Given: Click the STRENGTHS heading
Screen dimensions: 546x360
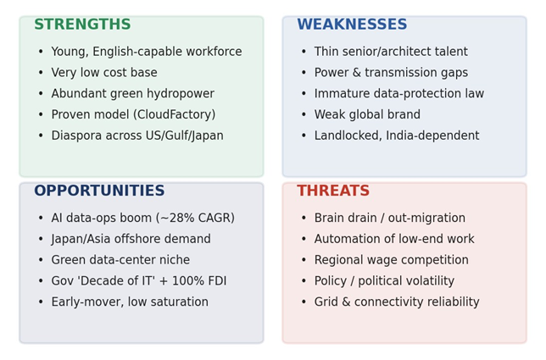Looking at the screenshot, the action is (82, 25).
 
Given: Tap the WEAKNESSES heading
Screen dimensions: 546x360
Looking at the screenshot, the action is (352, 25).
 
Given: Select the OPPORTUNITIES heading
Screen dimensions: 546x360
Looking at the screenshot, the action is (99, 191).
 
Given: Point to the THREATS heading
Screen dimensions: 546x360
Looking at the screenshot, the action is (333, 191).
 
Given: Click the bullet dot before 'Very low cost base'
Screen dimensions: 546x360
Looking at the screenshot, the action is (41, 73).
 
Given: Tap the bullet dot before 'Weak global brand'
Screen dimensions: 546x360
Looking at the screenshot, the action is (304, 114).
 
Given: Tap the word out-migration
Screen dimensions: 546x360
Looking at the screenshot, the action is (426, 218).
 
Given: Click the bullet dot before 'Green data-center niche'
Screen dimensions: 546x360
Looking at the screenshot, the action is (41, 260).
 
